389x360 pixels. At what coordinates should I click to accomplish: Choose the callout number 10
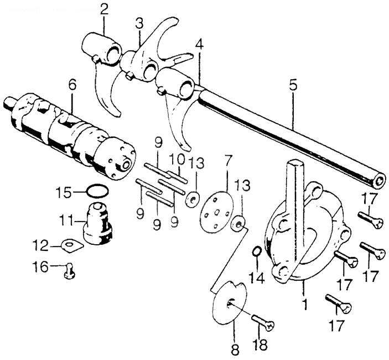[x=177, y=159]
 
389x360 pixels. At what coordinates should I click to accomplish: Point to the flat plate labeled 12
[x=70, y=245]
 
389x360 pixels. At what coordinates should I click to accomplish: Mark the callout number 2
[x=103, y=9]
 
